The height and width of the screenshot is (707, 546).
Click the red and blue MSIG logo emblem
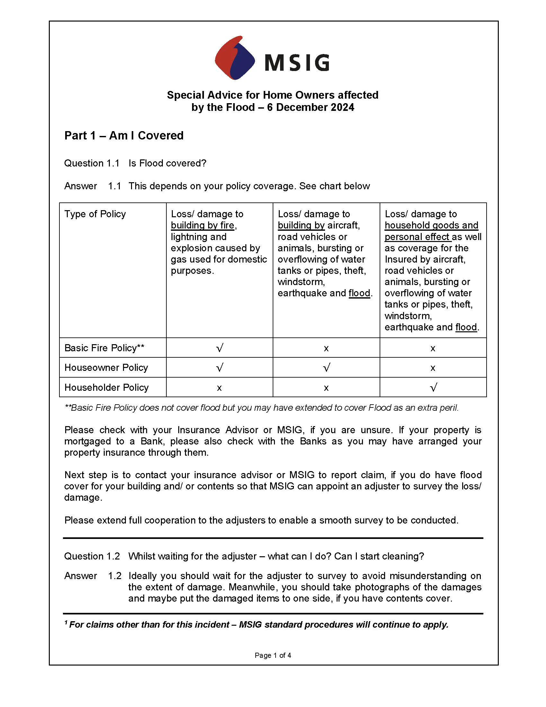point(235,58)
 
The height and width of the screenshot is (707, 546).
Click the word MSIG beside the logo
point(297,62)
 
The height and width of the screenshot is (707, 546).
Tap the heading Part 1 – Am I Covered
point(124,135)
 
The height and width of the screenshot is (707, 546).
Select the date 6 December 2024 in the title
point(311,107)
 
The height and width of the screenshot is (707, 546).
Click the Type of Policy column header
point(95,214)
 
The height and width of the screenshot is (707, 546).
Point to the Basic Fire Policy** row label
point(104,348)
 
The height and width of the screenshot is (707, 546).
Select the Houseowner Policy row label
point(106,367)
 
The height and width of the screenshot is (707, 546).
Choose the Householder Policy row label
point(106,387)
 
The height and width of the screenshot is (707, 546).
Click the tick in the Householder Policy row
point(434,387)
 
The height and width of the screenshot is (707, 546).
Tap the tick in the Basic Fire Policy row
point(219,348)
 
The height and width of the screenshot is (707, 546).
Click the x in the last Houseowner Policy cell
point(433,368)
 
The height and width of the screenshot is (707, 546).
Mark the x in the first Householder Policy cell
point(219,388)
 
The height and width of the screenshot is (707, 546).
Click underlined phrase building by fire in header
point(202,225)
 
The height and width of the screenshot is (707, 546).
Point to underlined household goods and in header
point(431,225)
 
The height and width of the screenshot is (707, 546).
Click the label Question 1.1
point(92,163)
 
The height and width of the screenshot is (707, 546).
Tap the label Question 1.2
point(92,556)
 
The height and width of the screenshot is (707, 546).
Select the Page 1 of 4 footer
point(273,655)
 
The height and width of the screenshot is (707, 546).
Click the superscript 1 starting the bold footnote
point(66,622)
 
